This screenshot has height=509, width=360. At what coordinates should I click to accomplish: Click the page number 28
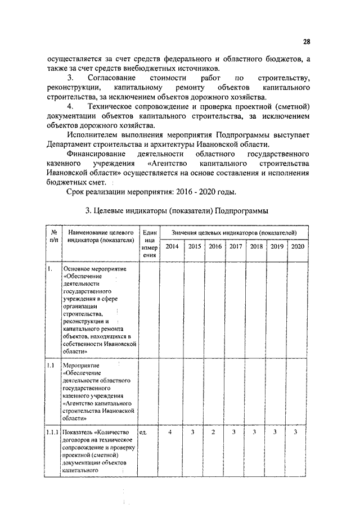click(x=306, y=41)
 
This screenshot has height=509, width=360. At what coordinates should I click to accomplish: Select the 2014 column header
click(x=172, y=246)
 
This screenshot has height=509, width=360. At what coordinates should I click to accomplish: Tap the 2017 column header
click(x=236, y=246)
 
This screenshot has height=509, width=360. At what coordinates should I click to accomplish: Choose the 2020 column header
click(x=298, y=246)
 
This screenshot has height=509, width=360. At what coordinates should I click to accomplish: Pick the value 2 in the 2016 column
click(x=213, y=431)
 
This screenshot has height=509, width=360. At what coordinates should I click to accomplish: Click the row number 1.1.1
click(x=52, y=431)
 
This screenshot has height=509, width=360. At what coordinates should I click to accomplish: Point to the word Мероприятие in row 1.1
click(x=78, y=365)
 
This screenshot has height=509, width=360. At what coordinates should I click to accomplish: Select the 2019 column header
click(x=277, y=246)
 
